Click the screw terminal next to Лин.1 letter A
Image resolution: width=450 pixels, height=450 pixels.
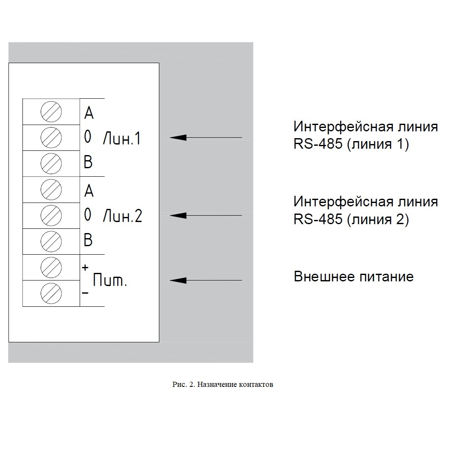[x=51, y=111]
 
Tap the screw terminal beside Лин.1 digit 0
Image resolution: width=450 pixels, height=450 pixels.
[x=51, y=138]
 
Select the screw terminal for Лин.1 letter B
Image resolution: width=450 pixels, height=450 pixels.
[x=51, y=164]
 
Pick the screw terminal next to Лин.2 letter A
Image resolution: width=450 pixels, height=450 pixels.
[x=51, y=190]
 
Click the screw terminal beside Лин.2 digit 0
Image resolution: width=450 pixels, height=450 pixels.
[x=51, y=216]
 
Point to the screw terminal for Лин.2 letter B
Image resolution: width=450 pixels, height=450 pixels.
[x=51, y=242]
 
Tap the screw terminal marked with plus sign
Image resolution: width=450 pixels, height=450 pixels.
[x=51, y=267]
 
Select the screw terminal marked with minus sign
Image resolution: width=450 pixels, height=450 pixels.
[x=51, y=294]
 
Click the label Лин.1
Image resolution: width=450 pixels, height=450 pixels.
[x=122, y=138]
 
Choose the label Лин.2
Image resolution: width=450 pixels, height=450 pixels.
[x=122, y=216]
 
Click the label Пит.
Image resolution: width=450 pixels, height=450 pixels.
[x=110, y=280]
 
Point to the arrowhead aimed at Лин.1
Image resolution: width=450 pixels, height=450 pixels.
[x=178, y=137]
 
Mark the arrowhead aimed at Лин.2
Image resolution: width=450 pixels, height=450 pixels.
[x=178, y=215]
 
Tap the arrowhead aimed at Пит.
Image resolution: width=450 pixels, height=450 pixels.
[x=178, y=280]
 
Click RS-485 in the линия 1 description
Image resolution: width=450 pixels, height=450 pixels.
[x=318, y=144]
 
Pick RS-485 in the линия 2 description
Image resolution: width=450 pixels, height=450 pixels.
[x=318, y=219]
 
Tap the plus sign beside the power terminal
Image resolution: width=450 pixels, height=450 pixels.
[x=85, y=267]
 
